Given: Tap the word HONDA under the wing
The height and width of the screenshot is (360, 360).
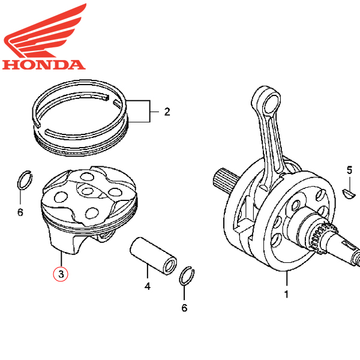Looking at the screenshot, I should pyautogui.click(x=43, y=64).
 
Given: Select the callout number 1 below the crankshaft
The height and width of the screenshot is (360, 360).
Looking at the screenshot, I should pyautogui.click(x=287, y=295).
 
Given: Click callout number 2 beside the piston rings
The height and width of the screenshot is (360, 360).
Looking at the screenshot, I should pyautogui.click(x=167, y=112).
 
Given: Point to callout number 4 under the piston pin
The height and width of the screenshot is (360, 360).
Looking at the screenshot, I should pyautogui.click(x=147, y=286).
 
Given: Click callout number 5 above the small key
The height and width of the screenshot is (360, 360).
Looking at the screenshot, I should pyautogui.click(x=349, y=170).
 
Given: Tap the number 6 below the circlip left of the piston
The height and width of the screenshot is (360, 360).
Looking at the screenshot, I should pyautogui.click(x=20, y=212).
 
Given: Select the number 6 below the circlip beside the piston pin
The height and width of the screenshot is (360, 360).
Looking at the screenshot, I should pyautogui.click(x=184, y=308).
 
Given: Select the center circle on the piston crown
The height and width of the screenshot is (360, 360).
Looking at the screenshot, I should pyautogui.click(x=88, y=190).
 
